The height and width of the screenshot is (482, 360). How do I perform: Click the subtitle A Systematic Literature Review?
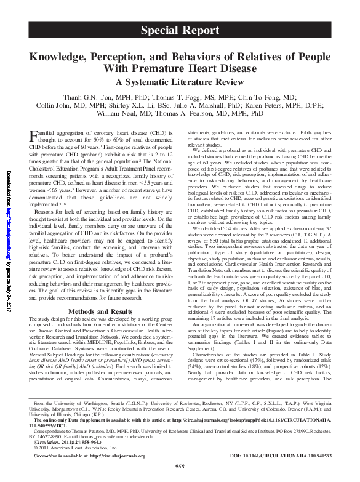186,82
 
